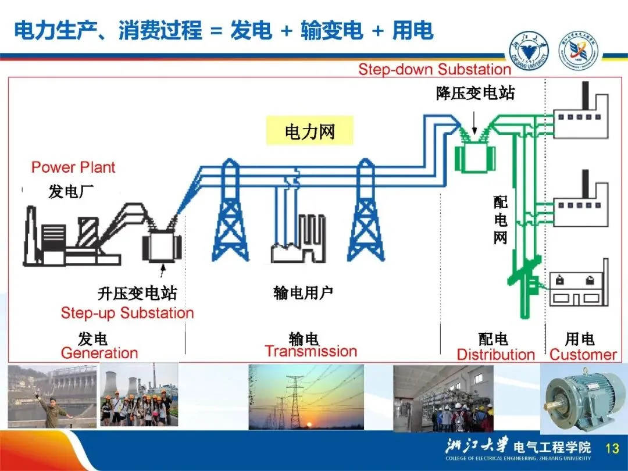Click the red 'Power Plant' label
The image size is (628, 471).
click(x=73, y=167)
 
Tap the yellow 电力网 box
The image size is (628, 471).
click(x=309, y=131)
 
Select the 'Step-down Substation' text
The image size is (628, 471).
click(x=434, y=70)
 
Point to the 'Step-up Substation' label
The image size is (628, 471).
click(x=127, y=313)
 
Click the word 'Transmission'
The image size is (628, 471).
click(x=311, y=351)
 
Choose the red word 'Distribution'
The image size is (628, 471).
click(x=495, y=354)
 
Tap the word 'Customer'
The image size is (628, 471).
click(x=583, y=354)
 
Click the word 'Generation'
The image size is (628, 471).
click(x=99, y=353)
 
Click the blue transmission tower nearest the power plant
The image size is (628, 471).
click(x=231, y=215)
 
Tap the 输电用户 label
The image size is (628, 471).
click(x=303, y=293)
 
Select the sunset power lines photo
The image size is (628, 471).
click(x=306, y=397)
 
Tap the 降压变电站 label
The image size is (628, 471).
click(x=475, y=92)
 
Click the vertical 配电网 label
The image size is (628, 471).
click(x=500, y=220)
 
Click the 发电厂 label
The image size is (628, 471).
click(x=71, y=191)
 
